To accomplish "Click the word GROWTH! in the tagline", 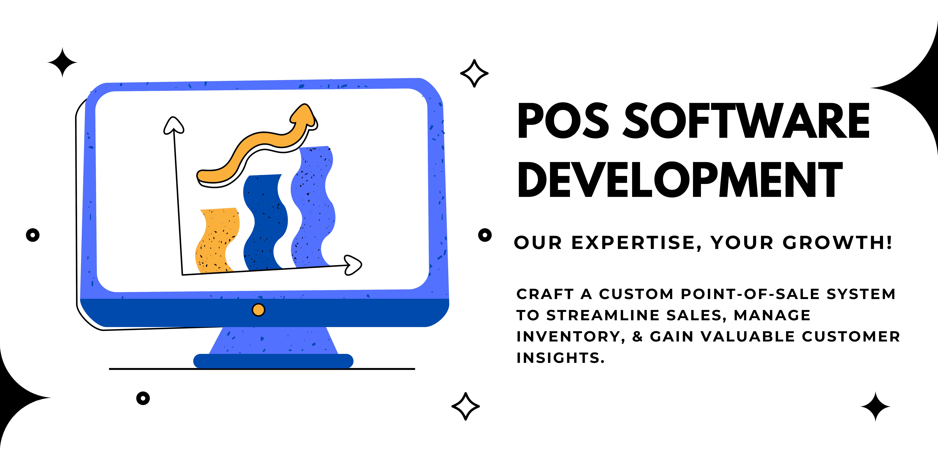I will [838, 243].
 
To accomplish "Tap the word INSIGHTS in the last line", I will [560, 358].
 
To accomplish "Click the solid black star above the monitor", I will [62, 63].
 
